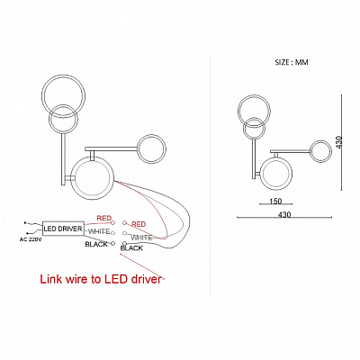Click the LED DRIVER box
click(62, 229)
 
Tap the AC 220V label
click(31, 239)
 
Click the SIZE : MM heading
click(292, 62)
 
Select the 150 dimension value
click(275, 201)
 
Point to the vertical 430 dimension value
click(339, 143)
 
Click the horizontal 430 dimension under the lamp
click(284, 215)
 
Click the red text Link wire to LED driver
click(101, 279)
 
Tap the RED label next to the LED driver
click(104, 218)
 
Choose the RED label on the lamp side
click(139, 224)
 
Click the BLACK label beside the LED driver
click(96, 244)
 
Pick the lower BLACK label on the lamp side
click(131, 248)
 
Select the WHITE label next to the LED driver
click(99, 231)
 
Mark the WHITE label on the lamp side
click(141, 238)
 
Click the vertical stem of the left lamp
click(63, 159)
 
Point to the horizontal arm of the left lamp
click(111, 148)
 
